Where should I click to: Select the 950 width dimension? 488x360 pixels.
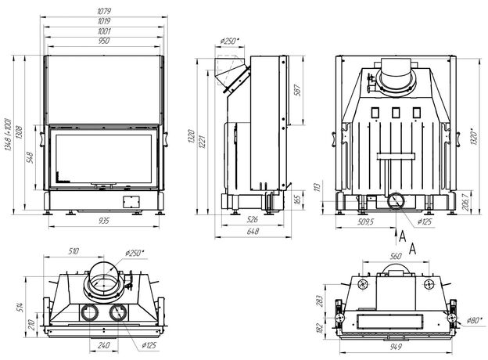point(104,39)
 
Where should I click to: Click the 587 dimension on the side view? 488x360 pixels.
point(296,89)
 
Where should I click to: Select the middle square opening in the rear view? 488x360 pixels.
point(395,110)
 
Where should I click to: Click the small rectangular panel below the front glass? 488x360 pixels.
point(131,201)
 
